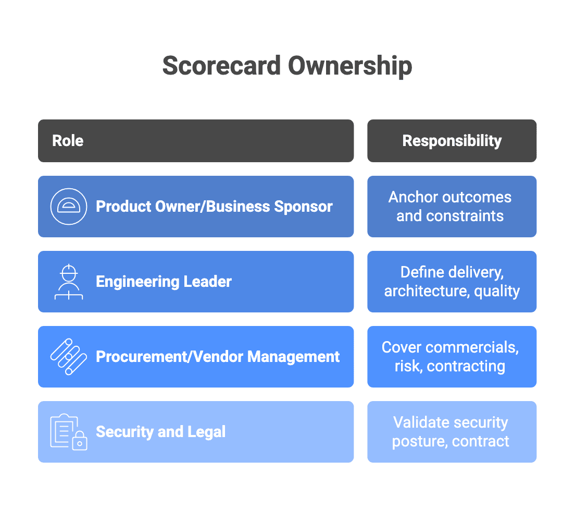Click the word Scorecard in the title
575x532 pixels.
(x=221, y=66)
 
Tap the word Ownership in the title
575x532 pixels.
(x=350, y=66)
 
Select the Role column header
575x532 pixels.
(x=68, y=141)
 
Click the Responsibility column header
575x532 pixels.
(x=452, y=141)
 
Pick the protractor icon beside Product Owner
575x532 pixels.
(x=69, y=207)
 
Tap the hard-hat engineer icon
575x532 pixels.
(x=69, y=282)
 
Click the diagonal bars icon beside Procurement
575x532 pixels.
(x=69, y=357)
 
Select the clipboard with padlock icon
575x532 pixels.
(x=69, y=432)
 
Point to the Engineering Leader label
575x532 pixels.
(x=164, y=282)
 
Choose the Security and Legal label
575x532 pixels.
(x=160, y=432)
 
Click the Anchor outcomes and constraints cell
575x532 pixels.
(x=452, y=207)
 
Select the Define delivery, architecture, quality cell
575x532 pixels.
(x=452, y=282)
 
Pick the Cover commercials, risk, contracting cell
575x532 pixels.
(x=452, y=357)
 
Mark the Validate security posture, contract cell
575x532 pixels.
(x=452, y=432)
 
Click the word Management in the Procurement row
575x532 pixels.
(x=294, y=357)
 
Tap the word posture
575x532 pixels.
(x=419, y=441)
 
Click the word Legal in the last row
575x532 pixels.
(x=208, y=432)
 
